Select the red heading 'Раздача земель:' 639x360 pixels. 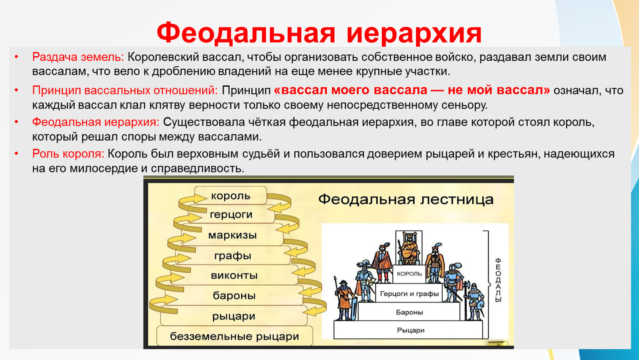[x=78, y=57]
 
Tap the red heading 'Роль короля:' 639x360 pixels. [x=68, y=154]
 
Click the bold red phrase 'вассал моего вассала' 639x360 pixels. [x=351, y=90]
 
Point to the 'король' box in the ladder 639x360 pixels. [x=231, y=196]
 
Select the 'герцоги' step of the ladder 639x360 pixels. [x=231, y=214]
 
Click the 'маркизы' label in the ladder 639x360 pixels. [x=232, y=235]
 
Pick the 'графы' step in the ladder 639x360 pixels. [x=233, y=255]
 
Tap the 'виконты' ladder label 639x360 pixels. [x=234, y=275]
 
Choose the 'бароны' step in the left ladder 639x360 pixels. [x=234, y=295]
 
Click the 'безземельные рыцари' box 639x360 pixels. [x=235, y=336]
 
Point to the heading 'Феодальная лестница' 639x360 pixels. [x=406, y=200]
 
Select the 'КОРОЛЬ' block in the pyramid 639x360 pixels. [x=409, y=274]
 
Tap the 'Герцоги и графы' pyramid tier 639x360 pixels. [x=409, y=293]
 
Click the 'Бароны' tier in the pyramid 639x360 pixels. [x=409, y=312]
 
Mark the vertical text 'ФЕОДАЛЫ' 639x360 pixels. [x=498, y=280]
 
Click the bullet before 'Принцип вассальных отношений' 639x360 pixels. [x=17, y=90]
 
